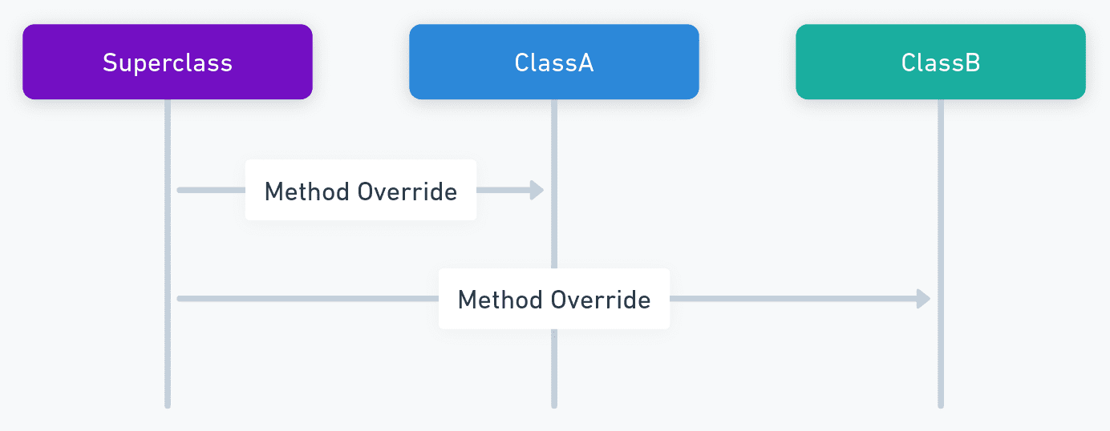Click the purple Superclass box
[168, 62]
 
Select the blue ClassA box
[554, 62]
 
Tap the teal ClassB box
[941, 62]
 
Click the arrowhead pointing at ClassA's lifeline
[537, 190]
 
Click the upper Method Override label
[361, 191]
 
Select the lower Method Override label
[554, 300]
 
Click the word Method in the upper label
[306, 191]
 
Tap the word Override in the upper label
[407, 191]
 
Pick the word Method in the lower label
[500, 300]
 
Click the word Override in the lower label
[600, 300]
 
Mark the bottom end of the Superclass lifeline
[168, 407]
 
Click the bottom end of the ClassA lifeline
[554, 407]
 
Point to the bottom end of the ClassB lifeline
[941, 407]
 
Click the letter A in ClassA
[585, 62]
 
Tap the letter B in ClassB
[972, 62]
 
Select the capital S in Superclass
[110, 62]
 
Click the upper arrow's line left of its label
[211, 190]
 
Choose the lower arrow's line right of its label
[793, 299]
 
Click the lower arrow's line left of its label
[308, 299]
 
